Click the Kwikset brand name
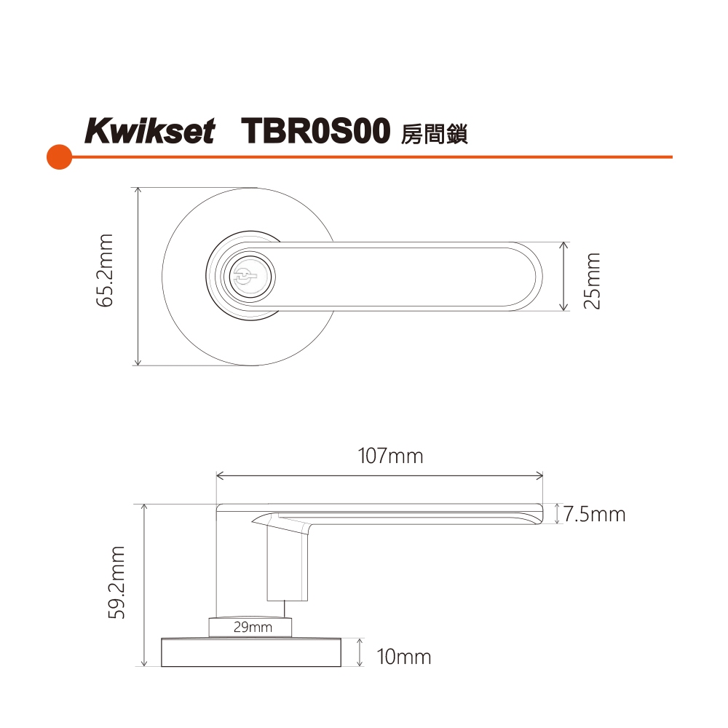pyautogui.click(x=149, y=130)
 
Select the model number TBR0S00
pyautogui.click(x=315, y=130)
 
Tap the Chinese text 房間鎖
pyautogui.click(x=434, y=134)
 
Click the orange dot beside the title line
pyautogui.click(x=60, y=157)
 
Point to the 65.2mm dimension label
pyautogui.click(x=105, y=270)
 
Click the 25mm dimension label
pyautogui.click(x=592, y=281)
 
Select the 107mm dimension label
pyautogui.click(x=390, y=456)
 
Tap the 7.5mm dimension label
pyautogui.click(x=595, y=515)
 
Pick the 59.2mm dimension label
pyautogui.click(x=116, y=582)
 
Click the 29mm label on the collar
pyautogui.click(x=253, y=628)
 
